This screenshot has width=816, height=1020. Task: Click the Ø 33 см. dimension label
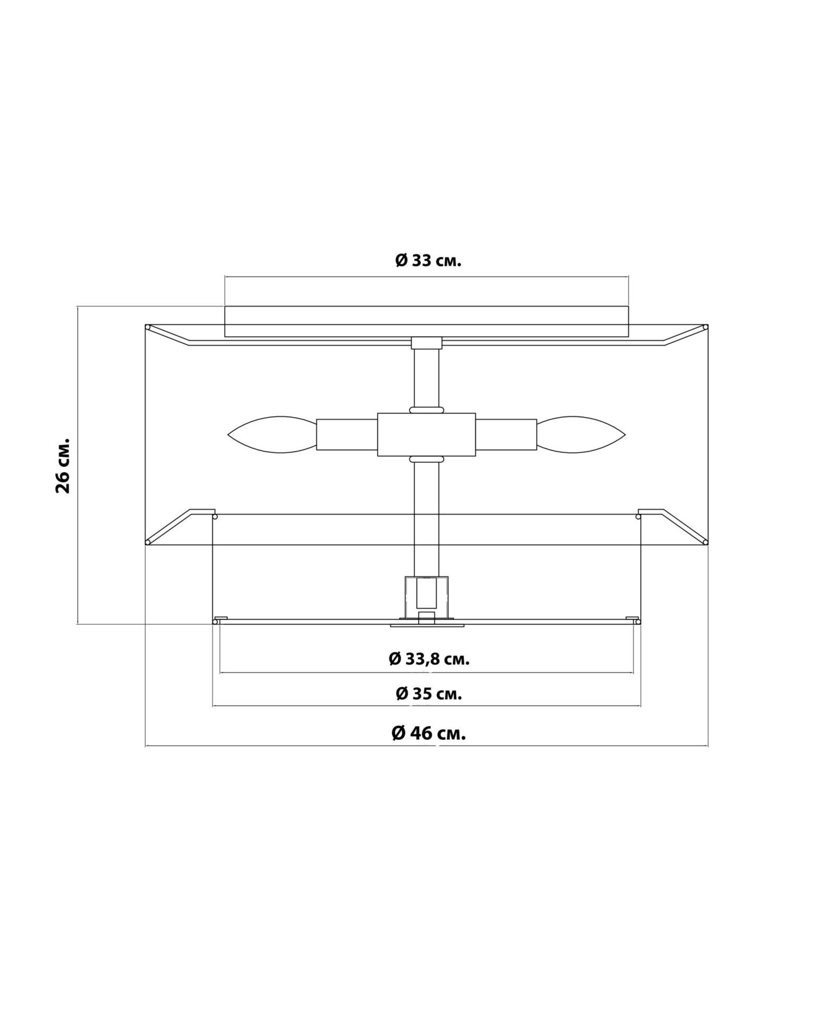coord(429,261)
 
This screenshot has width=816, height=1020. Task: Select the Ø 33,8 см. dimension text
coord(429,659)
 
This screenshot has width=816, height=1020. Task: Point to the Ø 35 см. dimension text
coord(429,694)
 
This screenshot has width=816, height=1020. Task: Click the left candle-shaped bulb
coord(272,435)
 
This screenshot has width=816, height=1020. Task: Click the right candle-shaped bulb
coord(581,435)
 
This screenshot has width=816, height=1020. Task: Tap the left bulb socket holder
coord(347,435)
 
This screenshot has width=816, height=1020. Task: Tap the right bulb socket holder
coord(506,435)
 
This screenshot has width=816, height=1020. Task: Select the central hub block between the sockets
coord(427,435)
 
